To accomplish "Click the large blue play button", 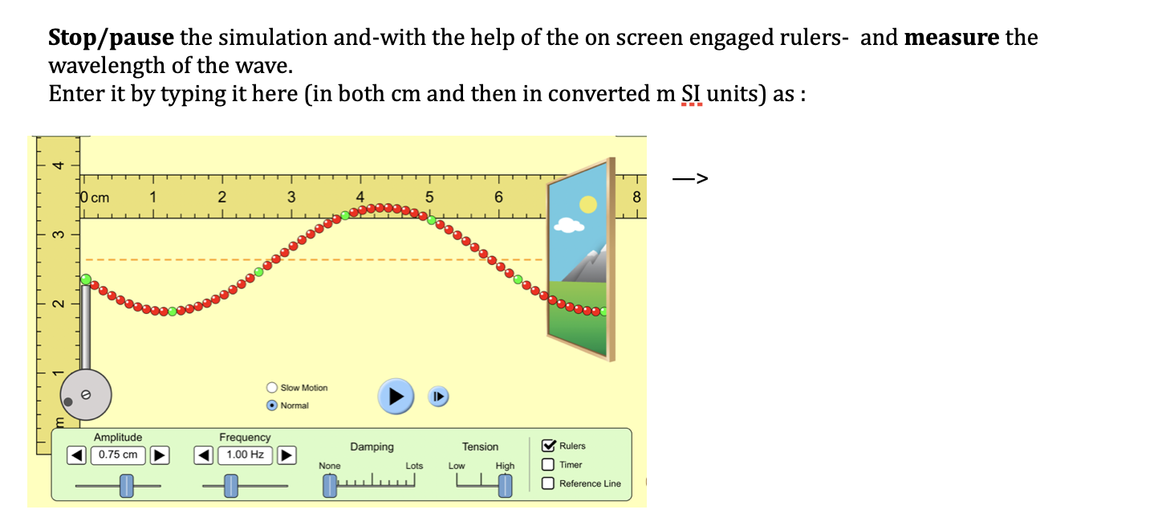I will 396,396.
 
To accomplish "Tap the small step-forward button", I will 437,397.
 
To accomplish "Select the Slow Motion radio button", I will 272,388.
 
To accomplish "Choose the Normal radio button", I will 272,406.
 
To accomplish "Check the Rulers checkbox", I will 549,446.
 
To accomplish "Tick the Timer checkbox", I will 549,464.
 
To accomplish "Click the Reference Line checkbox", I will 549,483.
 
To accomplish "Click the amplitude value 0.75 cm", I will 118,455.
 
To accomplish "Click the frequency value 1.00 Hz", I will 245,455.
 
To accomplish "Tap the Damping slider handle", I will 330,486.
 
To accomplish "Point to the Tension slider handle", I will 505,486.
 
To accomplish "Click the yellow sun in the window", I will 588,205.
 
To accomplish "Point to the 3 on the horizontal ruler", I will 291,198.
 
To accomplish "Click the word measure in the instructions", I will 952,38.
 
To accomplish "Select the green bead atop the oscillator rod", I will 86,279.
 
